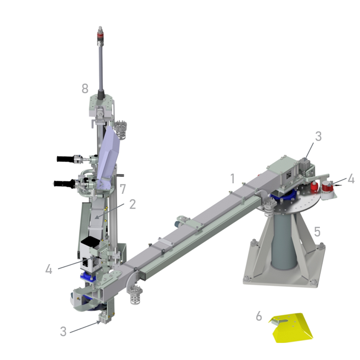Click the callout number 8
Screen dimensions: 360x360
(85, 88)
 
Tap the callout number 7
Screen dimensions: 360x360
(123, 189)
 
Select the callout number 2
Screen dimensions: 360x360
(132, 204)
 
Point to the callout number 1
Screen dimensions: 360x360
(233, 178)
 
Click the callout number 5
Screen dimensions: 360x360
(317, 232)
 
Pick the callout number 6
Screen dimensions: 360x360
(259, 316)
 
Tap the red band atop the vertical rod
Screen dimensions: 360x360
(100, 36)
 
